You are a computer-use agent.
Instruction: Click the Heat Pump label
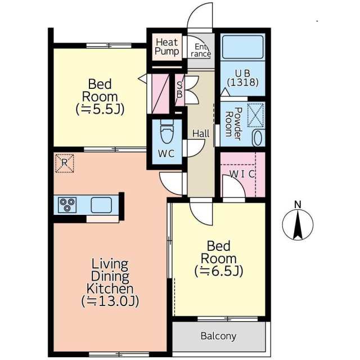point(167,47)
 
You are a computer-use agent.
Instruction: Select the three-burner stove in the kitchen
point(67,205)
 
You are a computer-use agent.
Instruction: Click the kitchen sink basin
point(101,205)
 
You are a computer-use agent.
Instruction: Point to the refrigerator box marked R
point(65,163)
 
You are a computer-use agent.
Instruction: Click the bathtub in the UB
point(243,47)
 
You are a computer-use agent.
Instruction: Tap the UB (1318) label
point(243,78)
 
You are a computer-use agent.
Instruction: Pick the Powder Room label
point(234,124)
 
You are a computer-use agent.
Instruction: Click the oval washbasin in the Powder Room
point(258,138)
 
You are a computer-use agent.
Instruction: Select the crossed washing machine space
point(255,115)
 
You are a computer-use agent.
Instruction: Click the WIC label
point(242,174)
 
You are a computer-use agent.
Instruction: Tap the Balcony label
point(218,336)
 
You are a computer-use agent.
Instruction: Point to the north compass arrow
point(298,225)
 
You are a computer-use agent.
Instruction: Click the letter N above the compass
point(298,204)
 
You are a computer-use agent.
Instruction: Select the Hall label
point(201,133)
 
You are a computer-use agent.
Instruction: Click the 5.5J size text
point(100,109)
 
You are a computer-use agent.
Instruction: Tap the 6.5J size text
point(219,271)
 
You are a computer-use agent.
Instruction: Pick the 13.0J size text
point(110,301)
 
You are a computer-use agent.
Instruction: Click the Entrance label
point(201,50)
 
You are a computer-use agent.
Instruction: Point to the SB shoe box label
point(179,90)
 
